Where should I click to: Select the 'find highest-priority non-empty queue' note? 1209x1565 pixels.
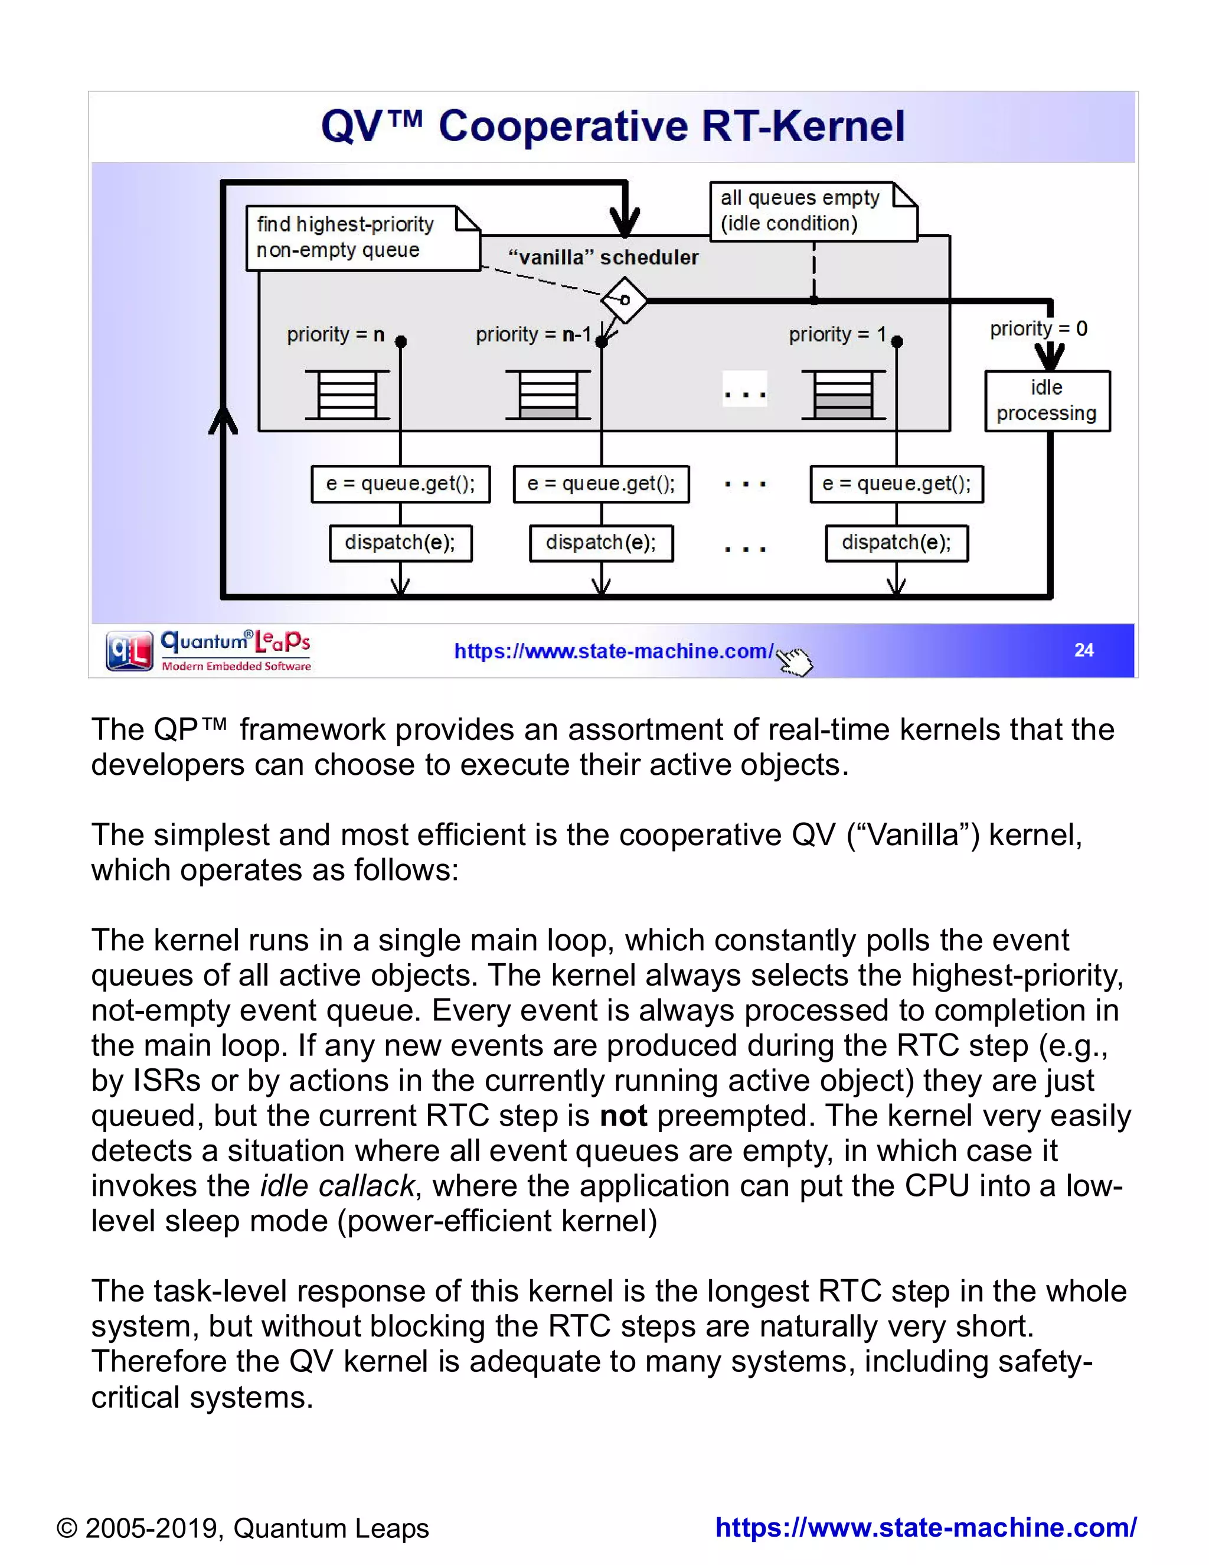pyautogui.click(x=362, y=238)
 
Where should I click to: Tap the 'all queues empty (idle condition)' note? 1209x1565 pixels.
pyautogui.click(x=812, y=211)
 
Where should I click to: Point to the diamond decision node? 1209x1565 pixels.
pyautogui.click(x=624, y=299)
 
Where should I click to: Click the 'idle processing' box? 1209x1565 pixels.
pyautogui.click(x=1047, y=400)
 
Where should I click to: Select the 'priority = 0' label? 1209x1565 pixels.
pyautogui.click(x=1038, y=329)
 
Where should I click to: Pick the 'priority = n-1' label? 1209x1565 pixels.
pyautogui.click(x=534, y=335)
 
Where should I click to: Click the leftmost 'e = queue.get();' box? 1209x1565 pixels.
pyautogui.click(x=400, y=484)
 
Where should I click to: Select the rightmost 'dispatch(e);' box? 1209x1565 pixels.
pyautogui.click(x=896, y=543)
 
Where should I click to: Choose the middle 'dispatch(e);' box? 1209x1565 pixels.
pyautogui.click(x=601, y=543)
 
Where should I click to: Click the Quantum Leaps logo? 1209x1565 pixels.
pyautogui.click(x=208, y=651)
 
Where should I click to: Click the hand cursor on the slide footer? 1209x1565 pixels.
pyautogui.click(x=795, y=661)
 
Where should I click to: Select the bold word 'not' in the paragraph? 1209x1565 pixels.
pyautogui.click(x=623, y=1116)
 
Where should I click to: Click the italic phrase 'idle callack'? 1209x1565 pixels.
pyautogui.click(x=336, y=1186)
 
